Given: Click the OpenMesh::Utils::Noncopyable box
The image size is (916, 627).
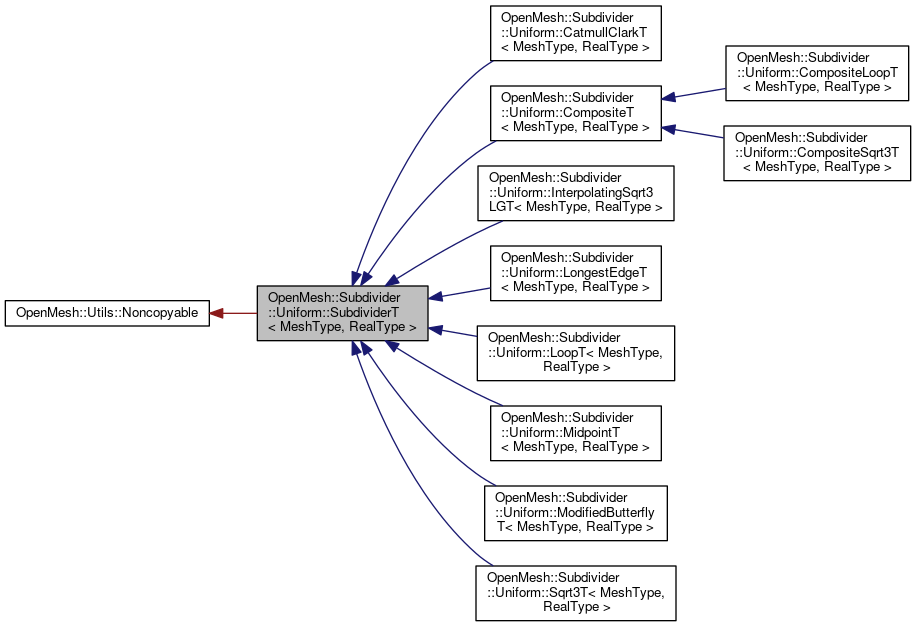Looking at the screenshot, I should (x=107, y=313).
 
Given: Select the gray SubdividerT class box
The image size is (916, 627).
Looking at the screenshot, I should (x=342, y=313).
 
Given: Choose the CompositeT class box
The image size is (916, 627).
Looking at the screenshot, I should (x=575, y=112).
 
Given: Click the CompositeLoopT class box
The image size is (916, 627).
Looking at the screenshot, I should (x=816, y=73).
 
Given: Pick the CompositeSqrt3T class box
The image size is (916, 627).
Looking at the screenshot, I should (x=816, y=152).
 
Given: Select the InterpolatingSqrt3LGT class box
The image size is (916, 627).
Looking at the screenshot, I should (x=575, y=192).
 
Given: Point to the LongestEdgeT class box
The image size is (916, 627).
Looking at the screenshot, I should (x=575, y=272).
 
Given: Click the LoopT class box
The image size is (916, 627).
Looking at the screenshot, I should (x=575, y=352).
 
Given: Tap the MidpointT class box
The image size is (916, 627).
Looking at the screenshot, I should (x=575, y=432).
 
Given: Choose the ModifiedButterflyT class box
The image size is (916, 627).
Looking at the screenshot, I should (x=575, y=512).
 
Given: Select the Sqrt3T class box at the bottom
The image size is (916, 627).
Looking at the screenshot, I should (x=575, y=592).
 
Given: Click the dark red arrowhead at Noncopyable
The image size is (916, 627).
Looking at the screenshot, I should (x=217, y=313).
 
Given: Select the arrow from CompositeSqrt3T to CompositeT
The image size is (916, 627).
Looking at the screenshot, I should (x=695, y=132).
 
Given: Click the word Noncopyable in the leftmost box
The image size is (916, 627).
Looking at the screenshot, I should (x=161, y=313).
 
